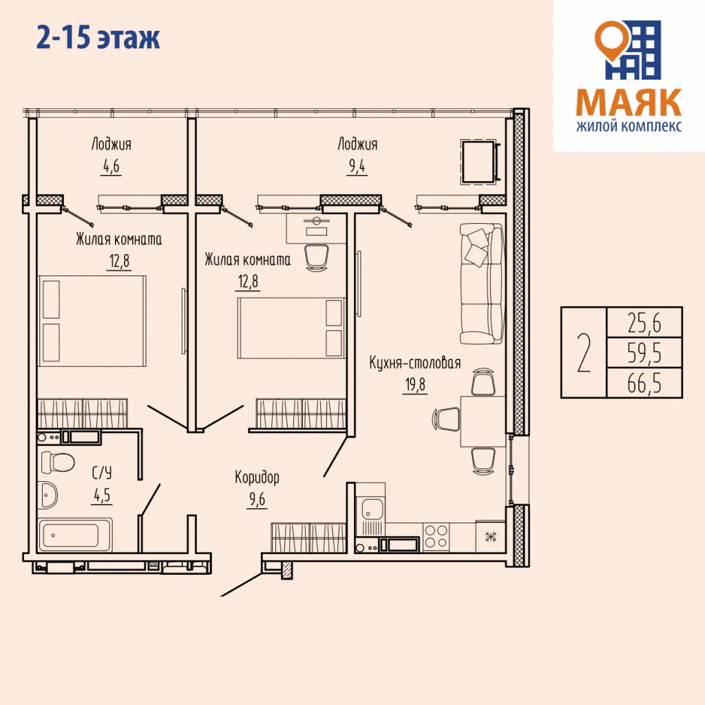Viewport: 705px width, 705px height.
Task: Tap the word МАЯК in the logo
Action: point(628,103)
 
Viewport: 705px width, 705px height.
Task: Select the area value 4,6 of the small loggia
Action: point(110,167)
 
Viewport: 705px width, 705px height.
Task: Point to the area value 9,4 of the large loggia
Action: point(357,167)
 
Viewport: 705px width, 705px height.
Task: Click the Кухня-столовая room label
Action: point(414,364)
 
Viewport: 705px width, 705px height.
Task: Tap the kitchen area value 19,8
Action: point(414,384)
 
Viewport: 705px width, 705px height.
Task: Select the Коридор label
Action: point(257,477)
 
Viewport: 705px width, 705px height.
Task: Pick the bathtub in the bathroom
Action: point(74,535)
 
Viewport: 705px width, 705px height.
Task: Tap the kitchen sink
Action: point(372,510)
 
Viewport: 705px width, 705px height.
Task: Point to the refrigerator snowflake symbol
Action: point(491,537)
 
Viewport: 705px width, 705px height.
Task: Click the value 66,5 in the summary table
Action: point(644,383)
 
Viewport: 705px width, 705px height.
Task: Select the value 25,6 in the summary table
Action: point(644,322)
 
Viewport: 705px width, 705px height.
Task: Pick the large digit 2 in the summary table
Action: point(583,352)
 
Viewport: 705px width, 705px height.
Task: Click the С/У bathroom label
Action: point(101,472)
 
